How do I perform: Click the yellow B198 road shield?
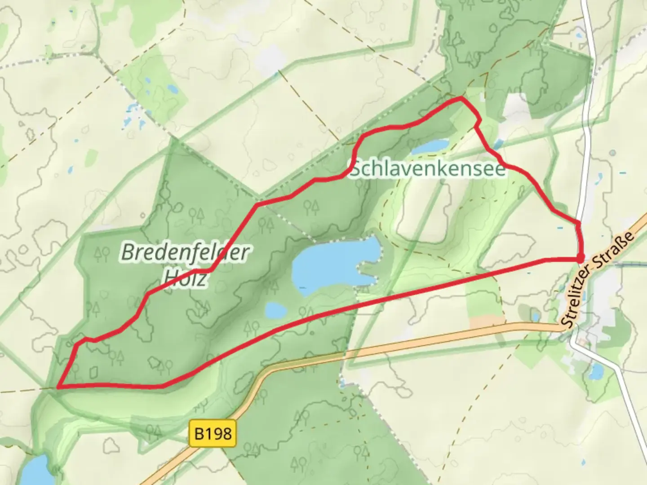coord(213,433)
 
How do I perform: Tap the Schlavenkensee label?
coord(428,169)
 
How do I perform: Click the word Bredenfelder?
coord(185,252)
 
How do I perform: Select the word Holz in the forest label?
coord(185,278)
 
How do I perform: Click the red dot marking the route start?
coord(580,258)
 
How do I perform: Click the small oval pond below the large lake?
coord(276,310)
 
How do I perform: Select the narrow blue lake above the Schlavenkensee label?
coord(430,146)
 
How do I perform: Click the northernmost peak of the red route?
coord(461,97)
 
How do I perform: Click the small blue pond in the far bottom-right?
coord(596,371)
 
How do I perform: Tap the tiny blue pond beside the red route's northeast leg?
coord(498,144)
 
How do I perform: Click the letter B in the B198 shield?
coord(199,434)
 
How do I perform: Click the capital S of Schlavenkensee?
coord(356,169)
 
